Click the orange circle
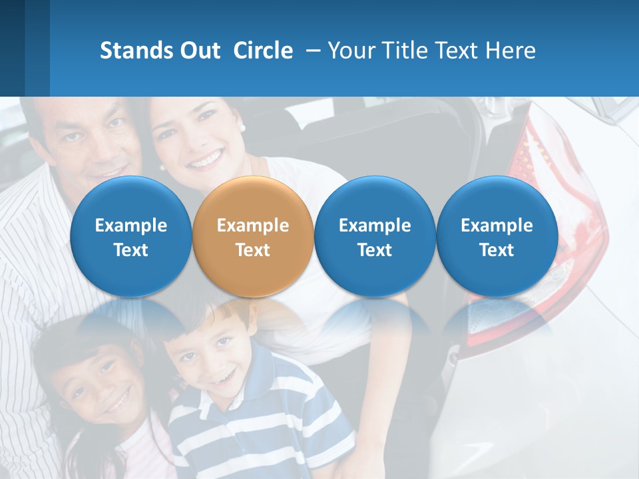click(x=253, y=236)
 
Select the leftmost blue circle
click(x=130, y=236)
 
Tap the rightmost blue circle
click(x=497, y=236)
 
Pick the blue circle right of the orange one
click(x=375, y=236)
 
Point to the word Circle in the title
click(x=263, y=51)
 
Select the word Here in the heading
click(x=510, y=51)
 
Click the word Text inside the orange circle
click(x=253, y=250)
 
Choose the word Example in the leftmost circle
click(x=130, y=226)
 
